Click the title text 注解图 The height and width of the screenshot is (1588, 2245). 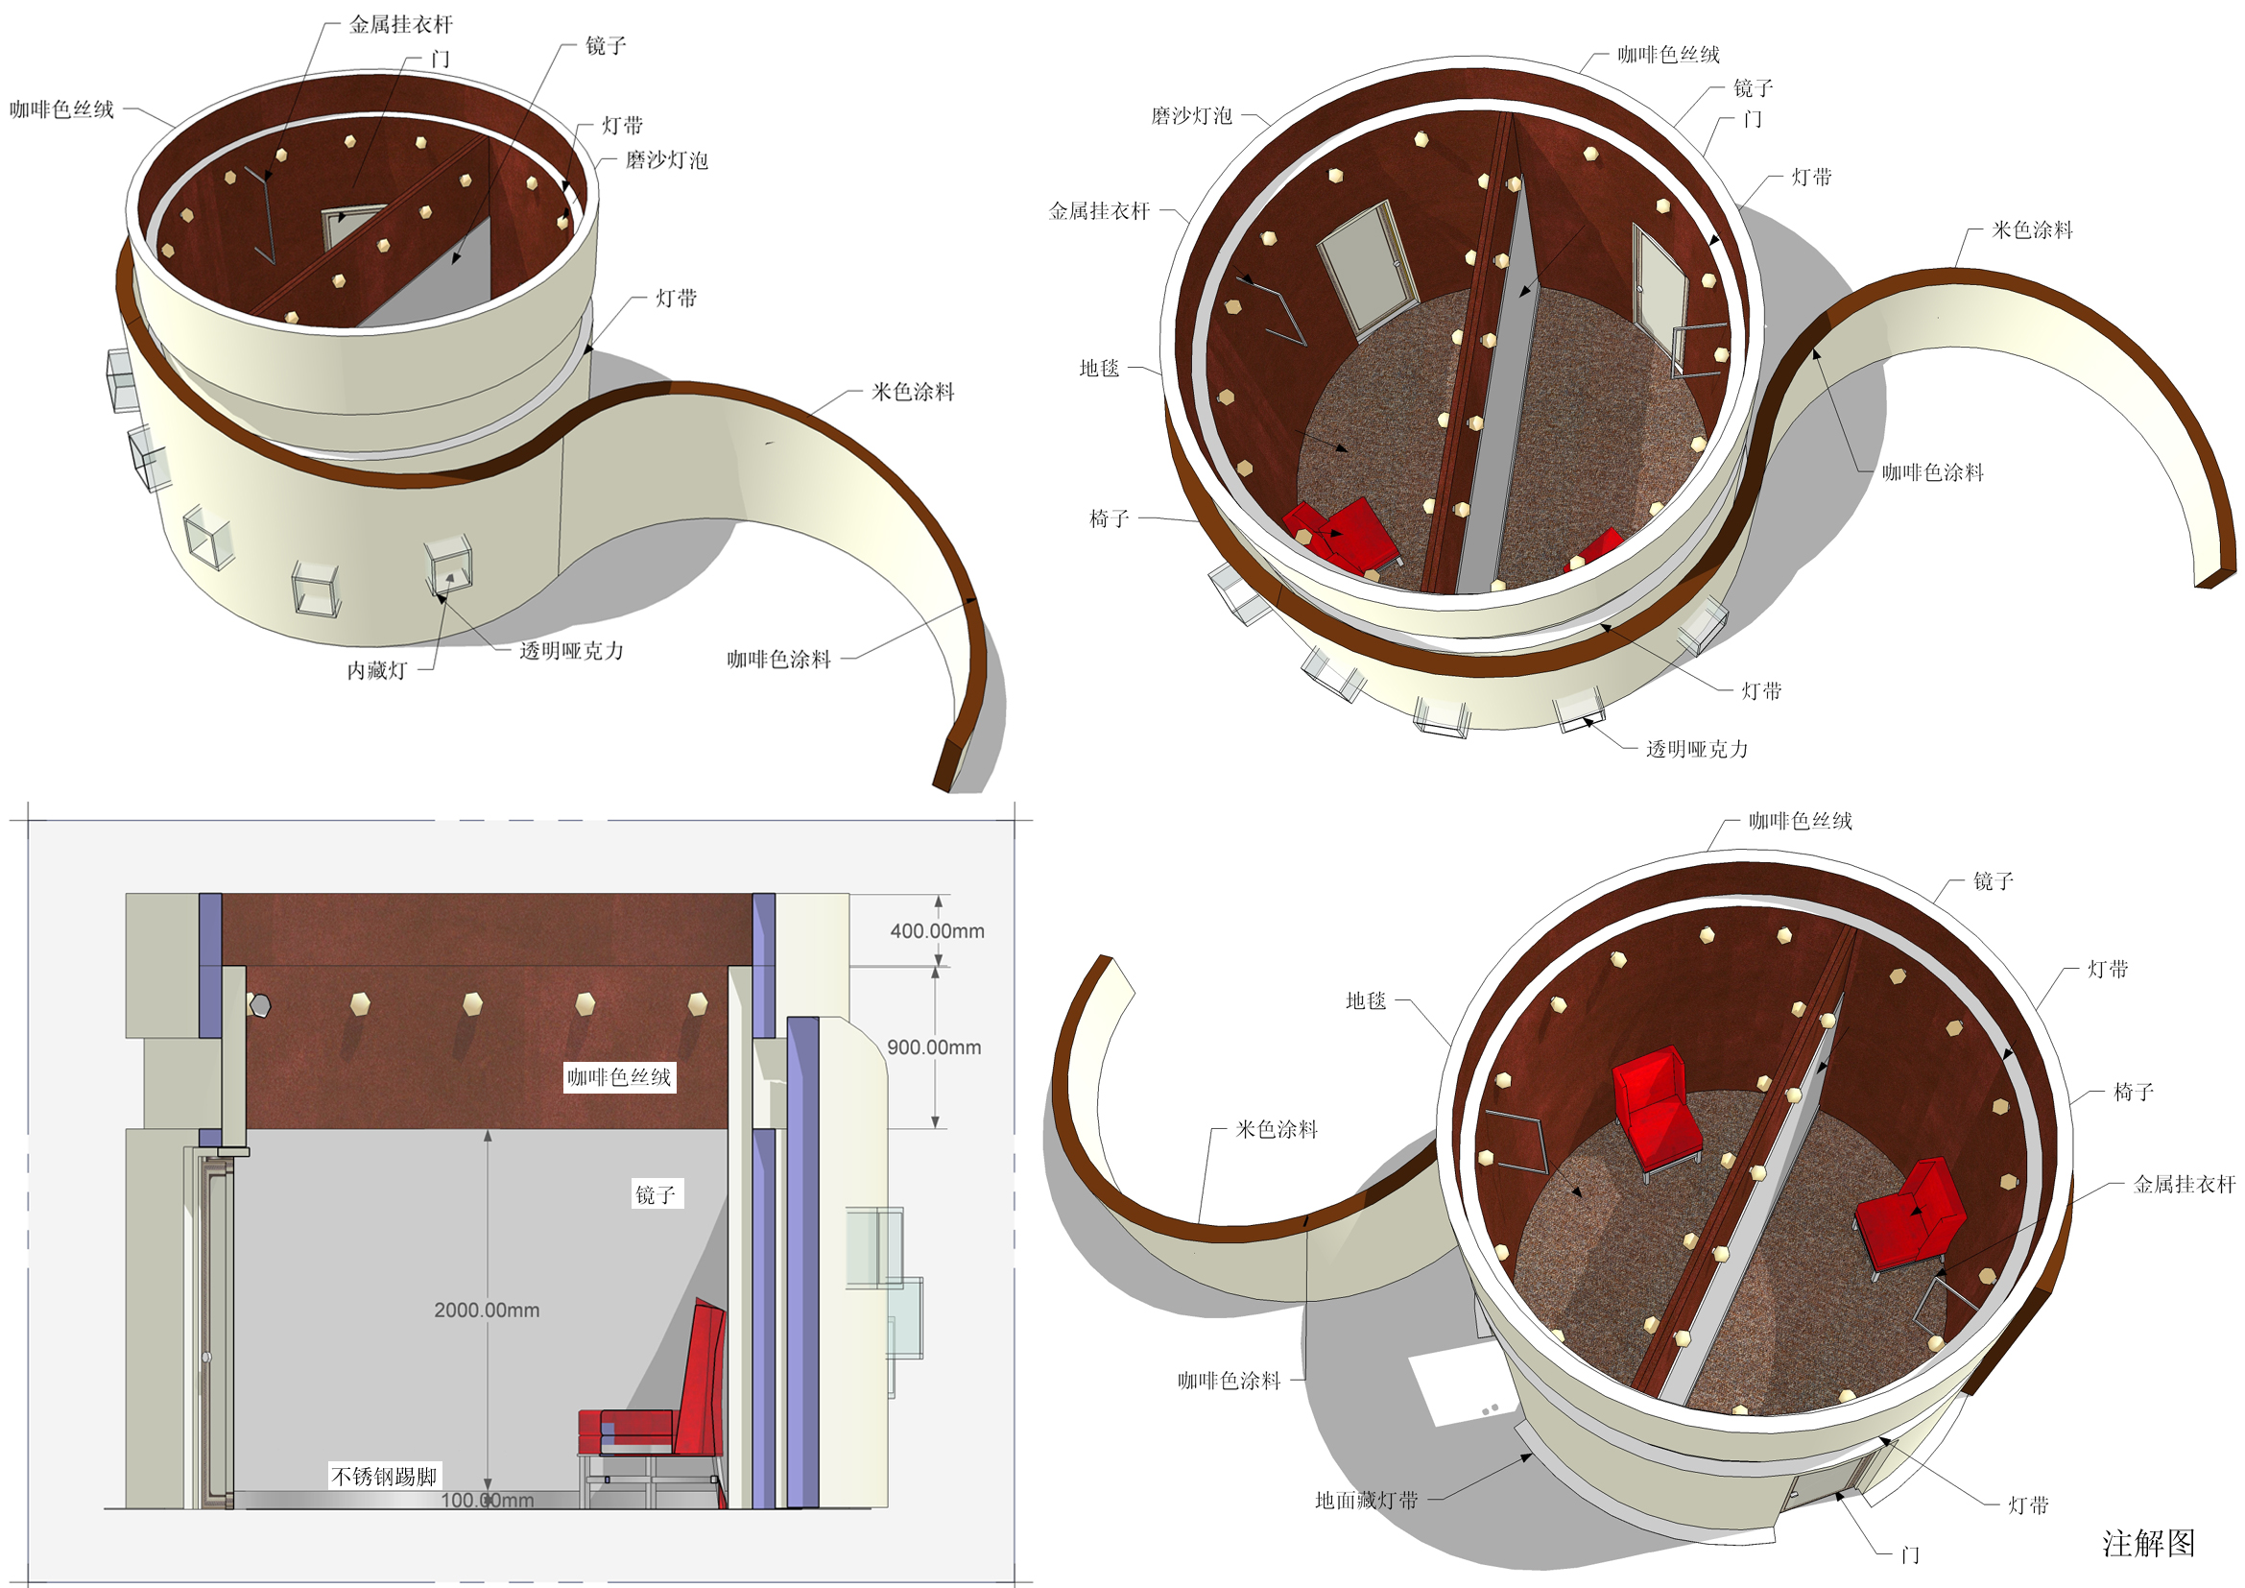2149,1543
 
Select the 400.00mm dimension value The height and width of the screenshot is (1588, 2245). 937,931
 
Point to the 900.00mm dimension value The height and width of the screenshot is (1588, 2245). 934,1047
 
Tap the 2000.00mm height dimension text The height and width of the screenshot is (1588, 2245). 487,1311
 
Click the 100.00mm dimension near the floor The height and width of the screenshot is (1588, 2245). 487,1500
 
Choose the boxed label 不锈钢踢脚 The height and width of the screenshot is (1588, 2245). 384,1476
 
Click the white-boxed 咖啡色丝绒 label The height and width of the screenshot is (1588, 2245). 619,1076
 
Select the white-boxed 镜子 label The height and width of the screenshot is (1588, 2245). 657,1194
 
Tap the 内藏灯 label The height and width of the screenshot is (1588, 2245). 377,671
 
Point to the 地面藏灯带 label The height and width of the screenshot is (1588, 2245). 1366,1500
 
